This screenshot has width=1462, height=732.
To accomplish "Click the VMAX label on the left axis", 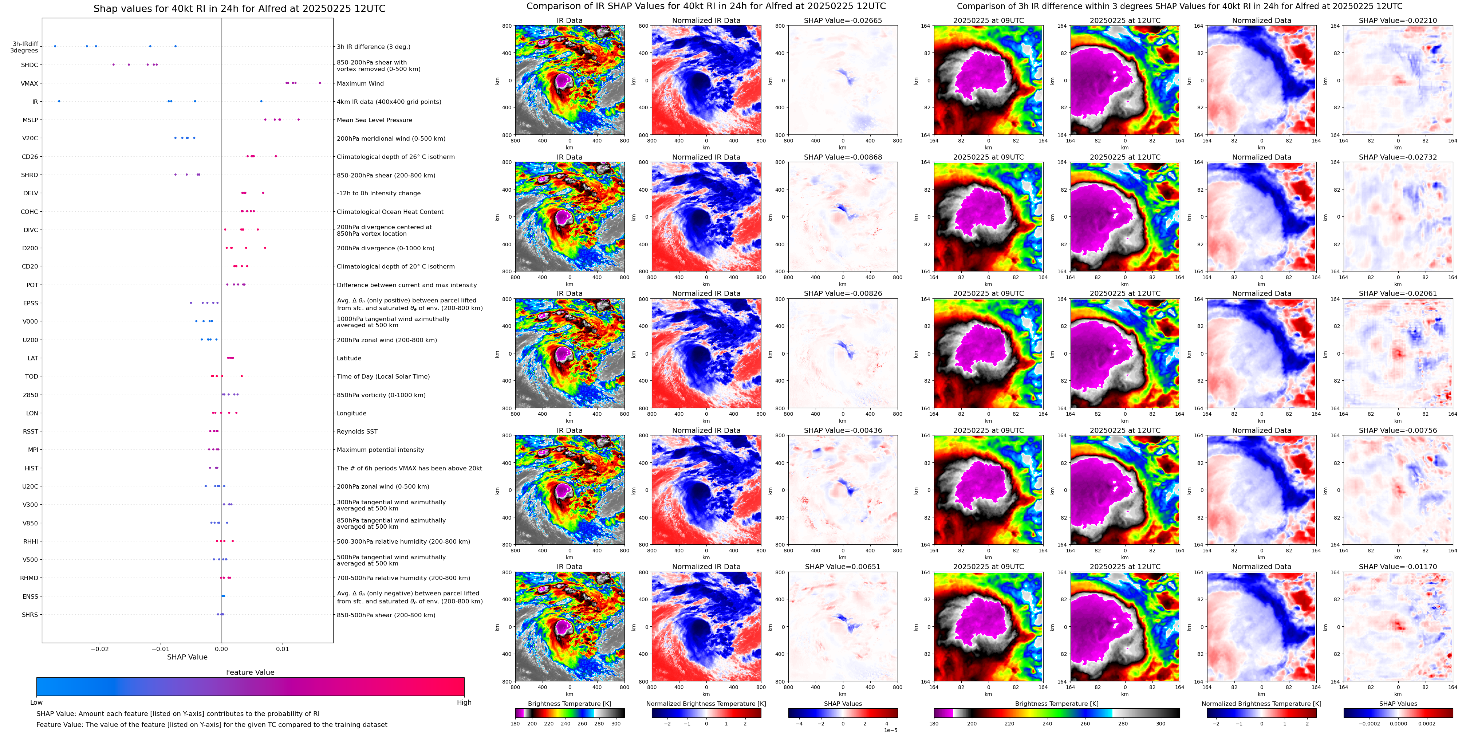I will coord(29,83).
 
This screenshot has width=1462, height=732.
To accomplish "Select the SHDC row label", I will coord(29,65).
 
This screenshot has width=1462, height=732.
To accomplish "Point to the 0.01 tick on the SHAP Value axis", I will coord(282,649).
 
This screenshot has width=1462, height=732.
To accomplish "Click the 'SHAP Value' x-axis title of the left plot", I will coord(187,657).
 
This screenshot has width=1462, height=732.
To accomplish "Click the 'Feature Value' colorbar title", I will coord(250,672).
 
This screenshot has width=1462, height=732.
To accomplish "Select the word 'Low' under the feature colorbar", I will coord(36,702).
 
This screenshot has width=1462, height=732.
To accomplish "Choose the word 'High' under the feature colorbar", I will coord(464,702).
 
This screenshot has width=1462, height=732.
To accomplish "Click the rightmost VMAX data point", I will coord(320,83).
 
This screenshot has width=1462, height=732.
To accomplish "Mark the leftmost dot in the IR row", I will coord(59,101).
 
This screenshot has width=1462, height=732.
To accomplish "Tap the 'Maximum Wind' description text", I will coord(360,83).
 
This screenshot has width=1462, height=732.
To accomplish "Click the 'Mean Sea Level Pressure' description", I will coord(374,120).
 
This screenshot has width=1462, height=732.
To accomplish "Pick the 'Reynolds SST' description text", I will coord(357,432).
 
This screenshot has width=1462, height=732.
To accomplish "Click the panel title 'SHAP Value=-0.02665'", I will coord(843,20).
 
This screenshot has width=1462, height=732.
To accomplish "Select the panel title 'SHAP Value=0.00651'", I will coord(843,567).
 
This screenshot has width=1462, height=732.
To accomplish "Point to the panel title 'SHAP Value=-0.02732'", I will coord(1398,157).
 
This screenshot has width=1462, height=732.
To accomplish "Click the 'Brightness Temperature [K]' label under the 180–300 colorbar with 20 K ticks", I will coord(569,704).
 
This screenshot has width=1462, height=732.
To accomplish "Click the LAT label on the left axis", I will coord(33,358).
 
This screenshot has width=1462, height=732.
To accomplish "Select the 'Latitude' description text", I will coord(349,358).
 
